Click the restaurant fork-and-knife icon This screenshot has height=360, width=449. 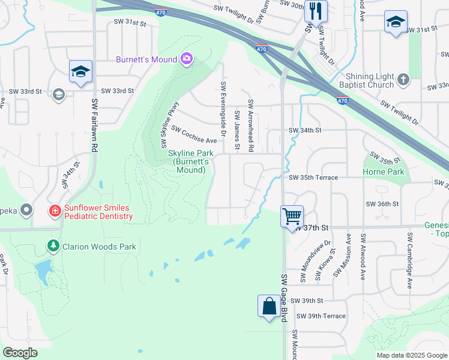click(x=314, y=11)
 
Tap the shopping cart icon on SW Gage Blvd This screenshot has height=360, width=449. click(x=292, y=215)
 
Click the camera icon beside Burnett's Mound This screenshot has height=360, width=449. click(x=187, y=59)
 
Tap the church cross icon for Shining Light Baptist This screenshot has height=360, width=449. click(x=403, y=79)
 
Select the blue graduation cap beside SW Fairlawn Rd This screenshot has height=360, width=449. click(x=80, y=72)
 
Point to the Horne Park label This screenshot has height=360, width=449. click(x=384, y=172)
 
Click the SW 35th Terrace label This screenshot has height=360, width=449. click(x=313, y=178)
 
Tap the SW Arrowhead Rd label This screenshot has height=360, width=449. click(x=251, y=124)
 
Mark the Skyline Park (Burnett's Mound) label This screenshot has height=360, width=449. click(x=190, y=162)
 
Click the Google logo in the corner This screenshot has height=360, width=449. click(x=20, y=353)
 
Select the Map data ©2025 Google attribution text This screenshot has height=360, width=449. click(x=411, y=355)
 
